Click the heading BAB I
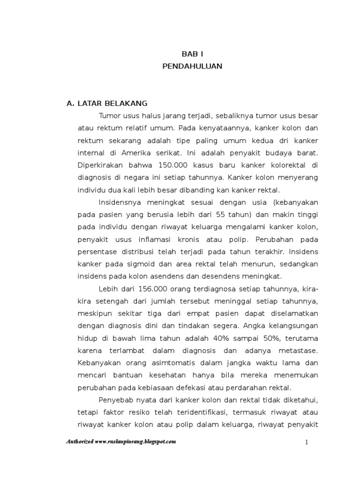192,54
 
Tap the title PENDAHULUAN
192,66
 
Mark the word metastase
297,350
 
